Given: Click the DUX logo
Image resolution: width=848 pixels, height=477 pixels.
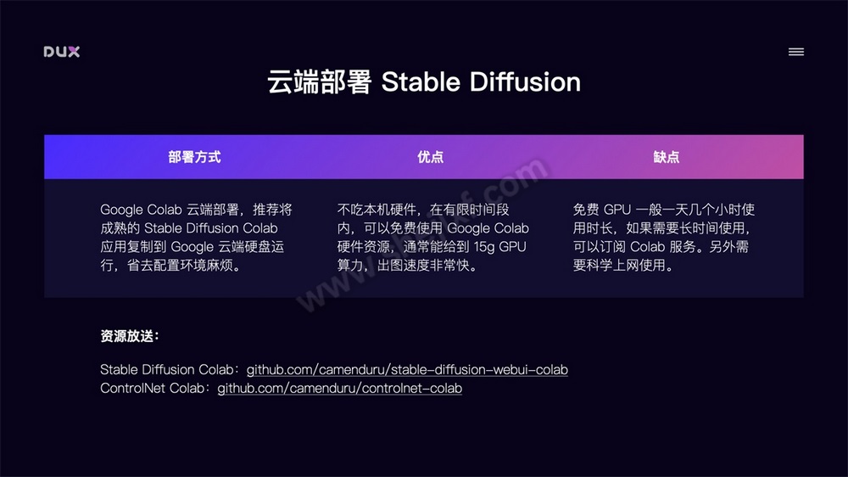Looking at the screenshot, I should coord(62,52).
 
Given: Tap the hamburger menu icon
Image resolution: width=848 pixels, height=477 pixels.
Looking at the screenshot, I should coord(795,52).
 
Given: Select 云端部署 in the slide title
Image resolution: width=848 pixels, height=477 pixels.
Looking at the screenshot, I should coord(319,82).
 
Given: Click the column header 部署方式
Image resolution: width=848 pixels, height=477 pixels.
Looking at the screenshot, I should coord(195,157).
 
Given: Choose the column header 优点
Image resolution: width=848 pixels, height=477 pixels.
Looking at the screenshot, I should coord(431,157).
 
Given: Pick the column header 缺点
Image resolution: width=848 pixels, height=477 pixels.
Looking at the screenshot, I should coord(667,157).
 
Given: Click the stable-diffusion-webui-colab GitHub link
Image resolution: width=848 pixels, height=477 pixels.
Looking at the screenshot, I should coord(407,370).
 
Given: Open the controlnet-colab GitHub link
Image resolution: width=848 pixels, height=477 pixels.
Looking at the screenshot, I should coord(340,389).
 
